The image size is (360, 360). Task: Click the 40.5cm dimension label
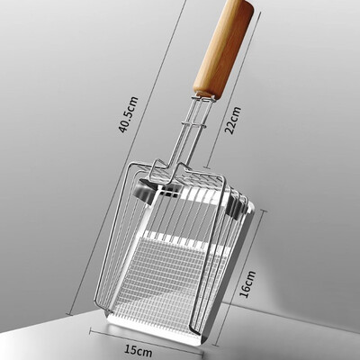coord(129,114)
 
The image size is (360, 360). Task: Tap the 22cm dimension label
coord(233,120)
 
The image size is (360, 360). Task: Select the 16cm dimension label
coord(247,283)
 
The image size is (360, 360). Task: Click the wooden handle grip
coord(223,48)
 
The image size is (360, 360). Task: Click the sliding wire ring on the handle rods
coord(193,124)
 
